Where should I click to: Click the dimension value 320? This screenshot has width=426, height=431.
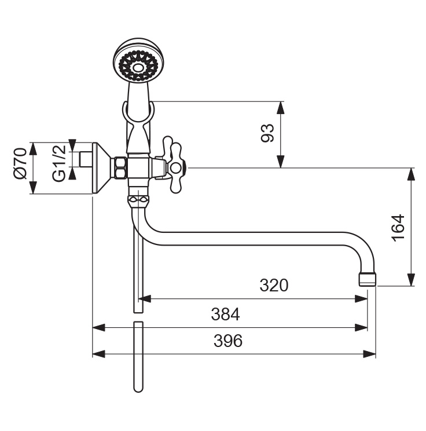(x=274, y=285)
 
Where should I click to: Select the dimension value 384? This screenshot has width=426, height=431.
(x=225, y=314)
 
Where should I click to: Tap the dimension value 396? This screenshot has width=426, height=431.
(x=227, y=341)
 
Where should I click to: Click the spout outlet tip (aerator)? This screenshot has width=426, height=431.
(x=368, y=279)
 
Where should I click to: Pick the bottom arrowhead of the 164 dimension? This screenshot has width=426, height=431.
(x=412, y=280)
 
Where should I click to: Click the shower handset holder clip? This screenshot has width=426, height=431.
(x=138, y=113)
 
